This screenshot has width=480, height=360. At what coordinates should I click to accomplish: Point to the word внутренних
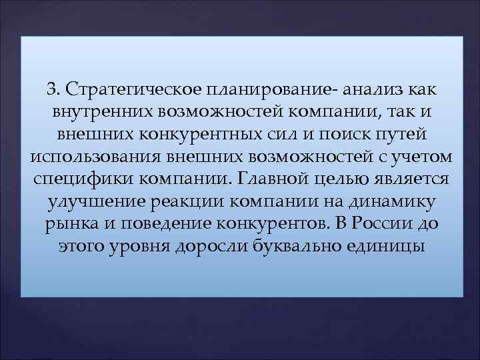click(x=91, y=111)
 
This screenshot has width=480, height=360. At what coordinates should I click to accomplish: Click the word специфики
click(x=71, y=179)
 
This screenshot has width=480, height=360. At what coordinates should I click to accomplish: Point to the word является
click(x=414, y=179)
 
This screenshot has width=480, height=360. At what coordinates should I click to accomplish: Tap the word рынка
click(x=68, y=225)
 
